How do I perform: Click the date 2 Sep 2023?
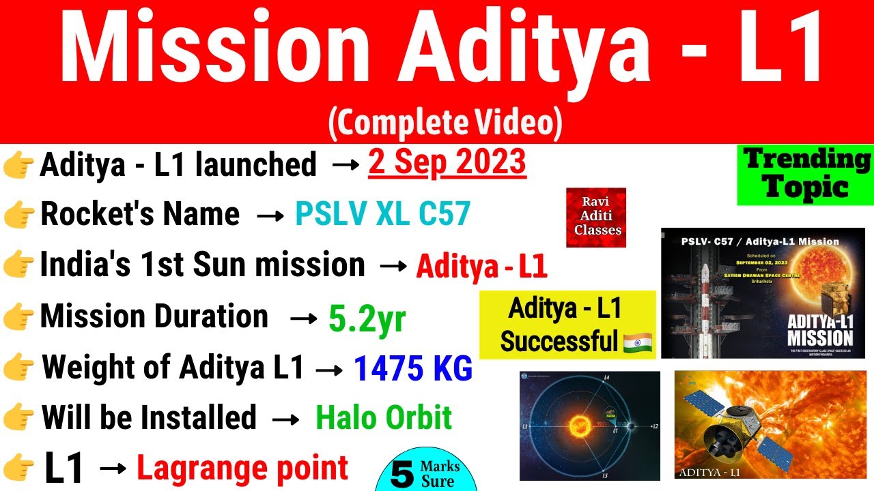pyautogui.click(x=447, y=163)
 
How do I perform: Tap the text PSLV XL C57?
pyautogui.click(x=382, y=215)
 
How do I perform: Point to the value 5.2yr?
pyautogui.click(x=367, y=318)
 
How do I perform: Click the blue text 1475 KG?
pyautogui.click(x=413, y=369)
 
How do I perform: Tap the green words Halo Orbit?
pyautogui.click(x=383, y=417)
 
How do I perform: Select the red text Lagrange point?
pyautogui.click(x=242, y=468)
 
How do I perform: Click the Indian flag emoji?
pyautogui.click(x=638, y=342)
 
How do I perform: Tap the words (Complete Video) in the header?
pyautogui.click(x=445, y=123)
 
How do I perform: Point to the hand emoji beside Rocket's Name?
pyautogui.click(x=19, y=215)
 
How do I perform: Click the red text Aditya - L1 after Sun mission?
pyautogui.click(x=482, y=267)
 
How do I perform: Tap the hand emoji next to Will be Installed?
pyautogui.click(x=19, y=418)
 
